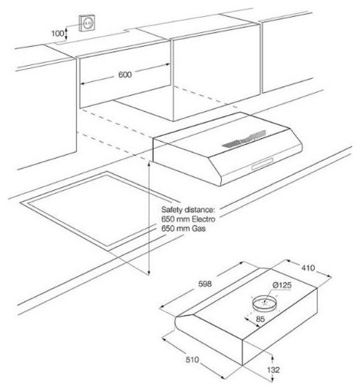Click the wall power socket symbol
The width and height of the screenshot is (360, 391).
[x=87, y=23]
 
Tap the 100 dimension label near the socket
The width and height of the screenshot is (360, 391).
[x=58, y=34]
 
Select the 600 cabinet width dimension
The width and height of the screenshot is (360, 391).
[x=125, y=74]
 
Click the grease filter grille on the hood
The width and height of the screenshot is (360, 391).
[x=244, y=140]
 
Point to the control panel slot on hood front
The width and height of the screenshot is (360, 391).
[x=263, y=163]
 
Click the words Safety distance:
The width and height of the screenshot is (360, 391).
[x=187, y=210]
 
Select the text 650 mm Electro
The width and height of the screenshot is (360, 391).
[x=188, y=219]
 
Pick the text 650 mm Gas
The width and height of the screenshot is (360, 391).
[x=183, y=228]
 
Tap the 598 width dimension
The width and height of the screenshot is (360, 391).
[x=205, y=284]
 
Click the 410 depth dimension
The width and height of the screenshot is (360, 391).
[x=308, y=268]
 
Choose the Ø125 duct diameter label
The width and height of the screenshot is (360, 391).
[x=282, y=284]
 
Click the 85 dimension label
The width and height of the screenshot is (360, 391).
[x=259, y=319]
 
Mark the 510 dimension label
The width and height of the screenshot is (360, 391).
[x=192, y=360]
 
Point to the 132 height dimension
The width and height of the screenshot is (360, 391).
[x=273, y=370]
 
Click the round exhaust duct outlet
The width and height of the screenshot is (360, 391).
[x=265, y=303]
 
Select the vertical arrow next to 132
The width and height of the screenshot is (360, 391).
[x=272, y=358]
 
